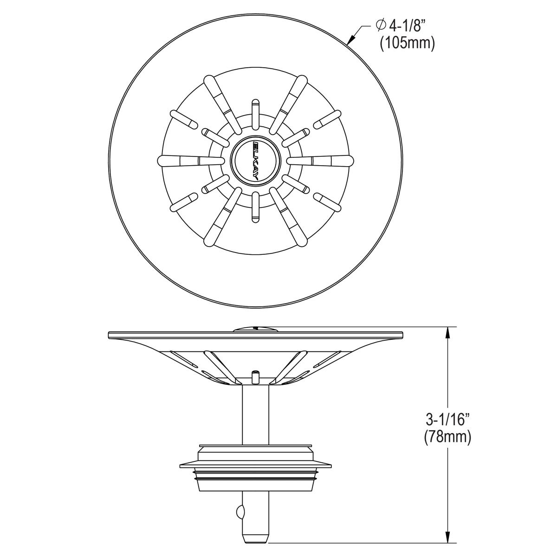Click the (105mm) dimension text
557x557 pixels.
pos(407,44)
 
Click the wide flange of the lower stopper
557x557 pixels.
pos(256,465)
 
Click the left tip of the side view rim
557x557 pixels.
pos(110,334)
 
